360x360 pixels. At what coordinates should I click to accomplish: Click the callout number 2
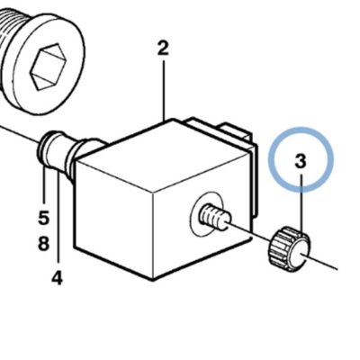click(x=163, y=49)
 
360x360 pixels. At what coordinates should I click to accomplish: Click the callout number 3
click(x=301, y=161)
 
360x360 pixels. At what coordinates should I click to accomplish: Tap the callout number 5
click(x=43, y=217)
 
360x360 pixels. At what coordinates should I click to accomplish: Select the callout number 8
click(x=43, y=243)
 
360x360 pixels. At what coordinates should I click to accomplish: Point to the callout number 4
click(x=57, y=277)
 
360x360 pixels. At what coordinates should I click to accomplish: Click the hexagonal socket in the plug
click(x=49, y=66)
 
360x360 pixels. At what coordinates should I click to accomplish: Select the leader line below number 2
click(x=164, y=91)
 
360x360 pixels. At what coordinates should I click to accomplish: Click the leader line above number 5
click(x=44, y=186)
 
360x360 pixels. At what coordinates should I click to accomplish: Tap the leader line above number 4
click(x=58, y=219)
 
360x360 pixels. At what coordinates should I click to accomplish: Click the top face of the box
click(x=164, y=156)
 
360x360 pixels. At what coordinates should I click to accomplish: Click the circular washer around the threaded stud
click(x=208, y=213)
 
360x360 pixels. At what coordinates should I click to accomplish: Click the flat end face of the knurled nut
click(x=300, y=255)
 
